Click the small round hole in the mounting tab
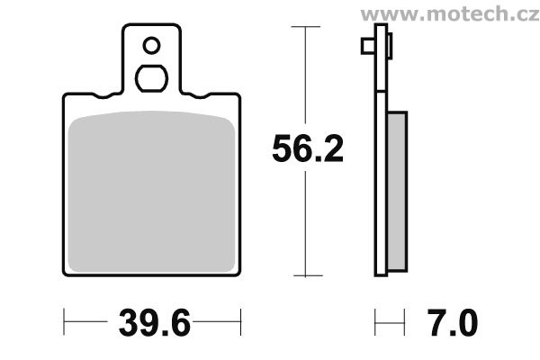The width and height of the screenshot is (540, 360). point(151,45)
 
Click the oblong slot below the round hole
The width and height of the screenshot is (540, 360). point(151,77)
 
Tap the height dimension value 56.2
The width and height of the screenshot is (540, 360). point(308,150)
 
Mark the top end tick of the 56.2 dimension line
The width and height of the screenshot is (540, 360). point(308,28)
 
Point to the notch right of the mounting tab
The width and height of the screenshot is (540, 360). point(193,95)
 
